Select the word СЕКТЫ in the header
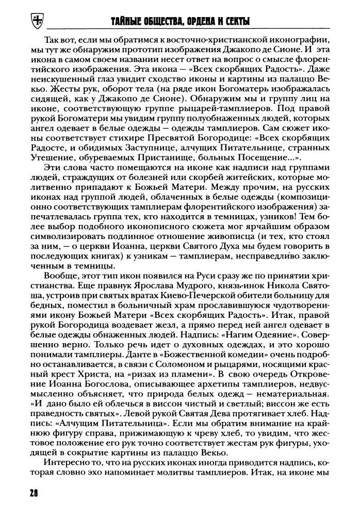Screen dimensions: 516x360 click(x=234, y=22)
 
